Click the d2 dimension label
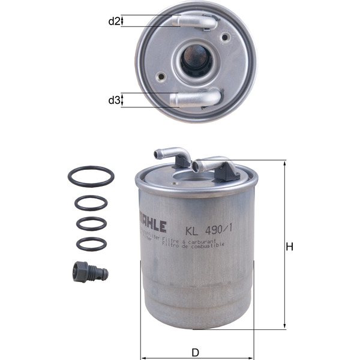pos(113,22)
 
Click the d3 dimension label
pos(113,100)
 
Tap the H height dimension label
pos(289,247)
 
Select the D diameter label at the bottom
pos(195,352)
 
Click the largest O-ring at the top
pos(91,177)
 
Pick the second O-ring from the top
pos(91,203)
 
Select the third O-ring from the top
pos(91,223)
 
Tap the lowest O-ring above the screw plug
pos(91,244)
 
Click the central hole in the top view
pos(196,61)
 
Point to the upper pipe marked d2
pos(196,22)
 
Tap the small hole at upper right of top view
pos(226,38)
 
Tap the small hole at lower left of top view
pos(160,77)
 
